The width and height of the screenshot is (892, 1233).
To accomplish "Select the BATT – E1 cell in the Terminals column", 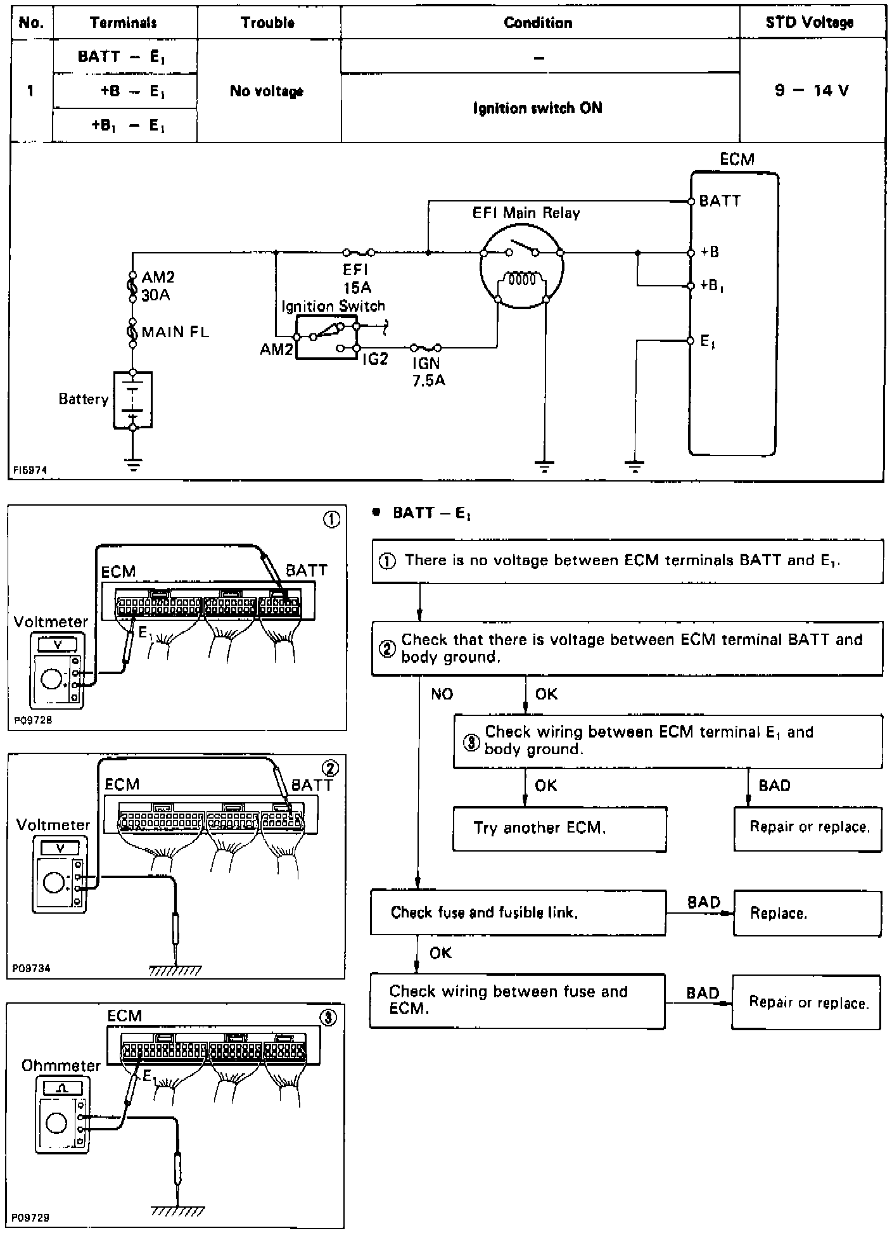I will point(122,56).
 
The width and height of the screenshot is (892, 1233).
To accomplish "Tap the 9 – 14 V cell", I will point(812,91).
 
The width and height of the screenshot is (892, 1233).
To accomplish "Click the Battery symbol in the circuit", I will point(132,400).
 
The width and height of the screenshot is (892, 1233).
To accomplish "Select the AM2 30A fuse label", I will point(157,286).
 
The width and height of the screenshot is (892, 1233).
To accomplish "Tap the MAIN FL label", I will point(175,332).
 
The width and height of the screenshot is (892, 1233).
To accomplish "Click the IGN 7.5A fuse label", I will point(428,372).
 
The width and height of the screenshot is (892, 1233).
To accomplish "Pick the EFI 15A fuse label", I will point(357,279).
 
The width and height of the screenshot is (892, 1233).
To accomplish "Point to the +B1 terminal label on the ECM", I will point(711,286).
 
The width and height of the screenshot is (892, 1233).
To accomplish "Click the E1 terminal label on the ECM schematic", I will point(708,342).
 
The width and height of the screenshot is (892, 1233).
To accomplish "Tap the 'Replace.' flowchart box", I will point(806,913).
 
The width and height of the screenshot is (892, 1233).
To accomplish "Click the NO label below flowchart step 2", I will point(442,694).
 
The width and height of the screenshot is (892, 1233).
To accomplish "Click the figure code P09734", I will point(31,968).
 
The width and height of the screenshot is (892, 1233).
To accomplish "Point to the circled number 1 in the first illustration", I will point(331,520).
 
